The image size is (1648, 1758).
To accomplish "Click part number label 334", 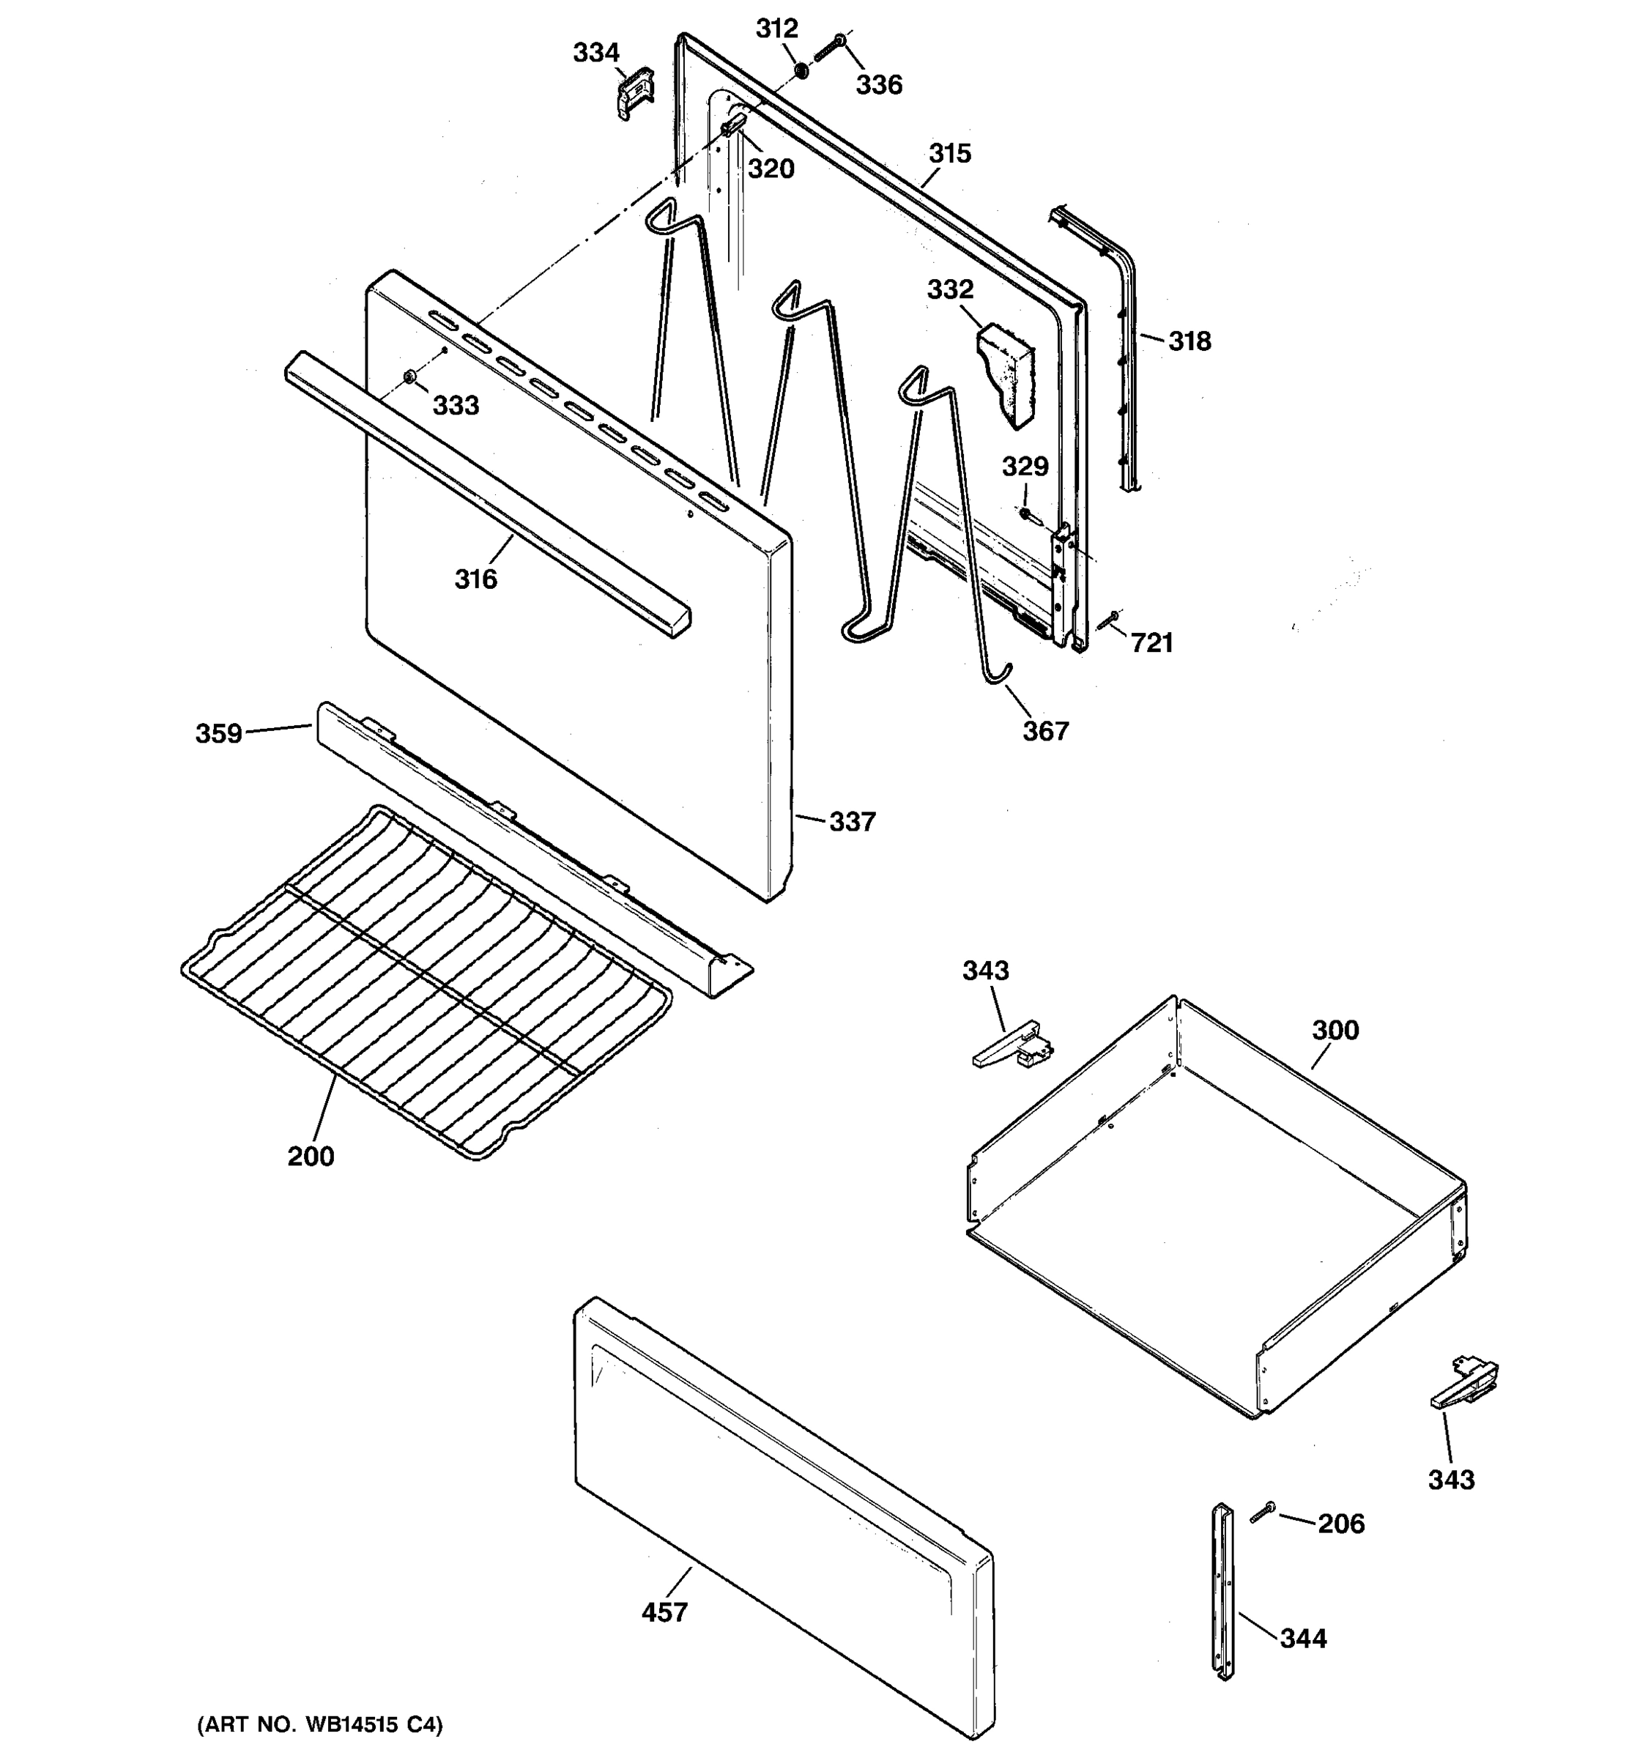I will [596, 53].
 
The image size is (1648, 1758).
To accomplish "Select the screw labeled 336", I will [828, 48].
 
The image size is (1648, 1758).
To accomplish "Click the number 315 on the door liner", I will [949, 154].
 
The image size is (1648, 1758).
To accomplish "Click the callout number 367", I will [1045, 731].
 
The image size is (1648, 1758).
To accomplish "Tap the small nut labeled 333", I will [409, 379].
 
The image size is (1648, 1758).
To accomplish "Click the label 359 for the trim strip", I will [218, 734].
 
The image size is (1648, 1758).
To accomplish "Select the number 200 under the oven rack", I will [311, 1157].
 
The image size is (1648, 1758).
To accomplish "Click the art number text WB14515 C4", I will [320, 1725].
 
